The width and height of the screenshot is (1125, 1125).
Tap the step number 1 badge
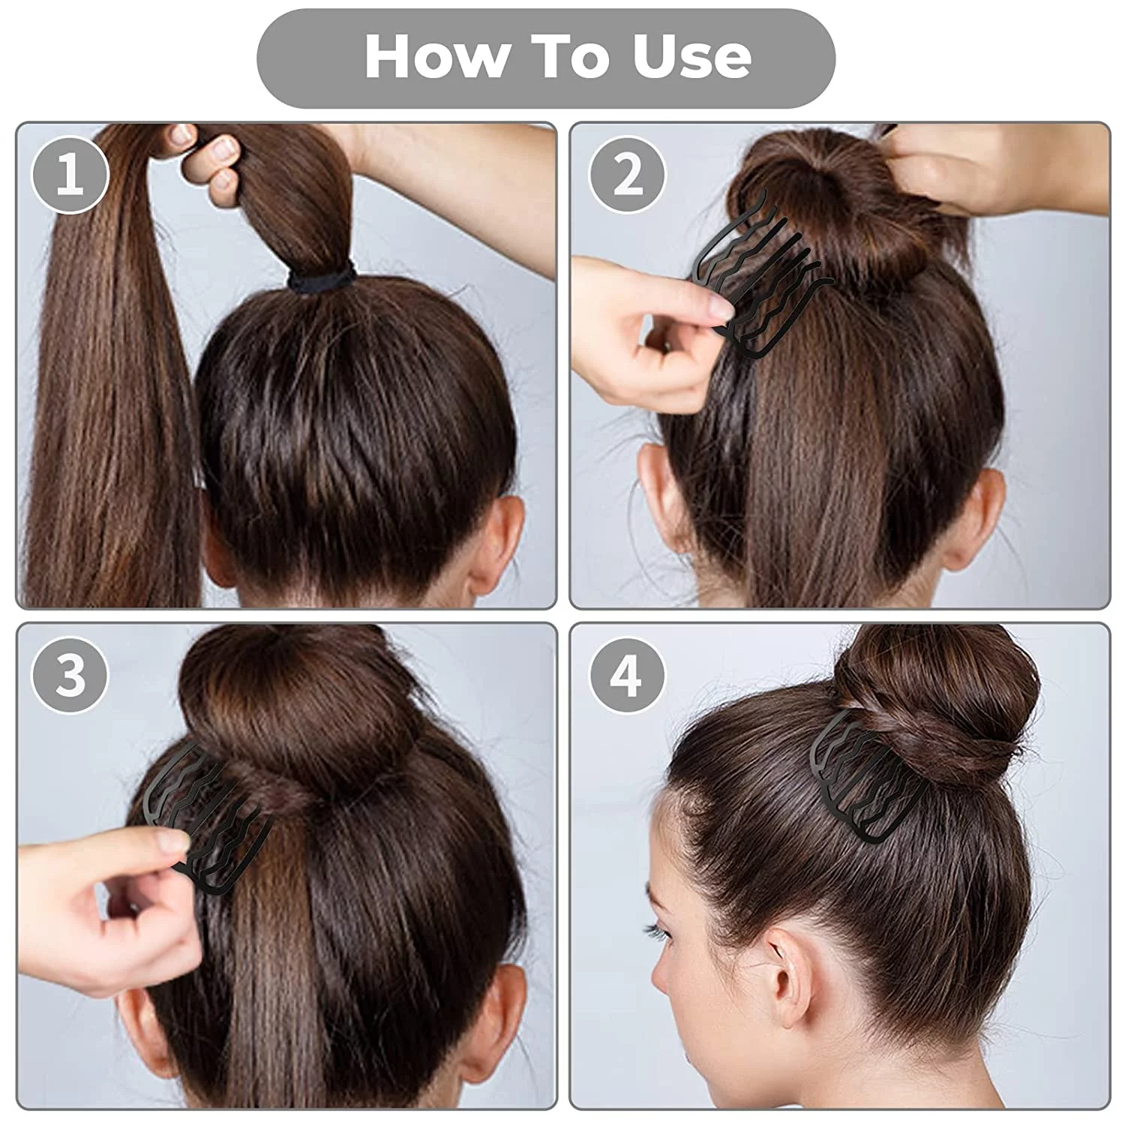tap(70, 174)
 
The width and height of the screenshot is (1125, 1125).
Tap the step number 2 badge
tap(628, 174)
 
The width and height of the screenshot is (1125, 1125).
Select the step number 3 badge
tap(70, 675)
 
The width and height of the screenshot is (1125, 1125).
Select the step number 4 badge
tap(626, 675)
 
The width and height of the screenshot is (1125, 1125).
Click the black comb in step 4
tap(870, 772)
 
